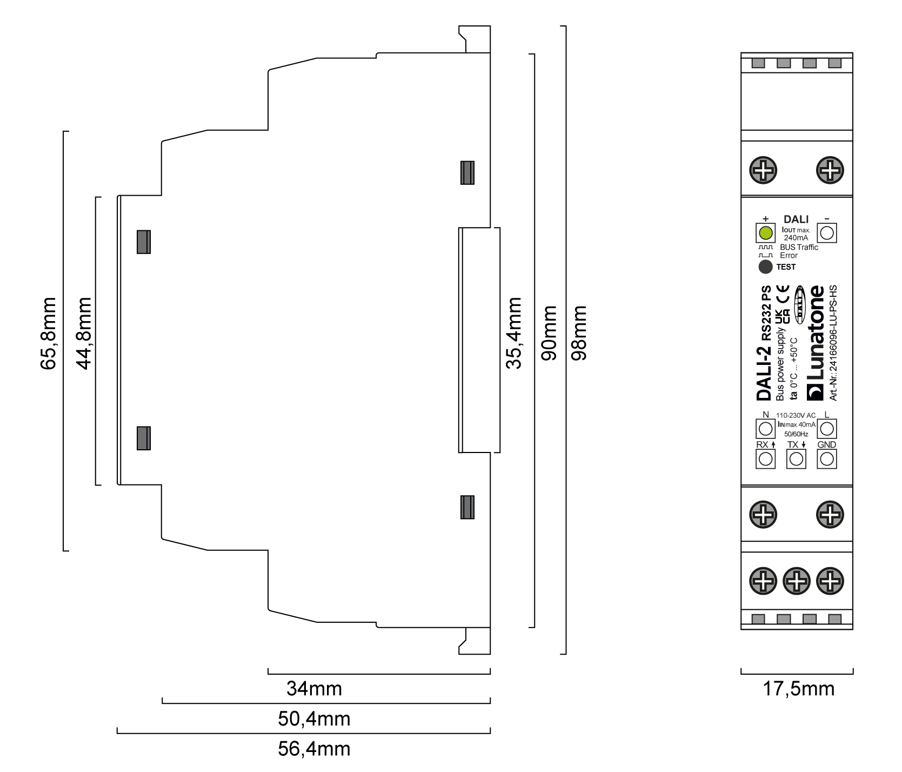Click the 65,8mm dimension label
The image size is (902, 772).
click(48, 333)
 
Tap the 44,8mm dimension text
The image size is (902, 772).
click(84, 333)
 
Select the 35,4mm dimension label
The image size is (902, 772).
click(514, 333)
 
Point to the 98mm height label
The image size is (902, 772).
click(579, 333)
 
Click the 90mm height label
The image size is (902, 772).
click(549, 333)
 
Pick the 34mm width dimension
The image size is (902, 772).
click(314, 689)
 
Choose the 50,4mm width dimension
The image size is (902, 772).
click(314, 719)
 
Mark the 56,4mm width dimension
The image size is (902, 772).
click(314, 749)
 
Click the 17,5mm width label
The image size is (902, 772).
click(798, 689)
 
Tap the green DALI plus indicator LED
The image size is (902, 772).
click(765, 234)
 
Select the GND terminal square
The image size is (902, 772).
click(826, 459)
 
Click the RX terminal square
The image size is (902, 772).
click(765, 459)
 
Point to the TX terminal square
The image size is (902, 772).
click(796, 459)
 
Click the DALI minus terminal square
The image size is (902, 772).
click(826, 234)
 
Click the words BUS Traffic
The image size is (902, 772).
click(799, 247)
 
